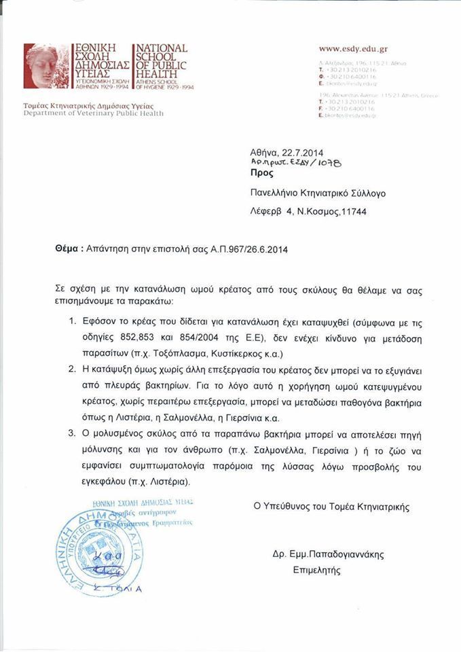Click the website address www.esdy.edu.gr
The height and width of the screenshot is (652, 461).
[x=352, y=50]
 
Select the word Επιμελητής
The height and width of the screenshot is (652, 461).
[x=316, y=571]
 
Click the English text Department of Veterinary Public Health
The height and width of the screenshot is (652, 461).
[x=92, y=113]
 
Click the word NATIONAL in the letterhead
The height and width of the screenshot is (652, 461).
[x=162, y=48]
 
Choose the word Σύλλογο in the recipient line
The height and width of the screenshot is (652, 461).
[x=367, y=194]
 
